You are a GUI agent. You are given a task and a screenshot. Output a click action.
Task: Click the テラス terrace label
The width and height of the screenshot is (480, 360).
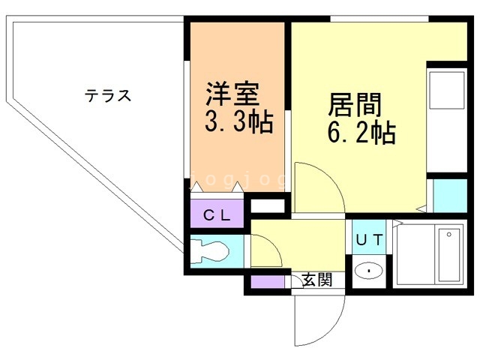click(108, 96)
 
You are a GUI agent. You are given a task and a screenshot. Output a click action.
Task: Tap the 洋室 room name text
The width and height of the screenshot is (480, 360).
click(233, 95)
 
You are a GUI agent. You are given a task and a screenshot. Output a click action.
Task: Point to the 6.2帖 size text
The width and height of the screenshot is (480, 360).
click(361, 133)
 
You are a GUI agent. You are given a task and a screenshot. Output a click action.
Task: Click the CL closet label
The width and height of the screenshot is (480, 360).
click(217, 215)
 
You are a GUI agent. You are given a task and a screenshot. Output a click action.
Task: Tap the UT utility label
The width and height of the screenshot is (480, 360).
click(369, 240)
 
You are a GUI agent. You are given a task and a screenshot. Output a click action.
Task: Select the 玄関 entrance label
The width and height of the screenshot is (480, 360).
click(316, 280)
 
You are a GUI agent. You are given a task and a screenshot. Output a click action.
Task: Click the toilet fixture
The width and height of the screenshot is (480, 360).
click(210, 250)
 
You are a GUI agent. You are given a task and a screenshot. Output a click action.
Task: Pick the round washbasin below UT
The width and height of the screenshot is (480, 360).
click(369, 271)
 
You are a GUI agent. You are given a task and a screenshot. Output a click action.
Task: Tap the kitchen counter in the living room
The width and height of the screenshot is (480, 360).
click(447, 120)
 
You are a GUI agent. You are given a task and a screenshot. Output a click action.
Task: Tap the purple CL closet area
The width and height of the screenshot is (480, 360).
click(217, 215)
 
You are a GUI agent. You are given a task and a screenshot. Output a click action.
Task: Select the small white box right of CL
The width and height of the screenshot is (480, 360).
click(268, 205)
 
